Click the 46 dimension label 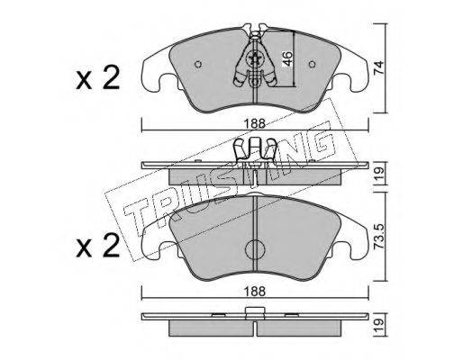[287, 58]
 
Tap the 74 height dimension [379, 67]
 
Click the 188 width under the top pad [255, 123]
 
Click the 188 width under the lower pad [255, 292]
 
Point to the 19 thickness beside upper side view [379, 174]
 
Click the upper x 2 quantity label [98, 78]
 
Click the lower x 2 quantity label [98, 246]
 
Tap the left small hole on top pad [198, 64]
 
